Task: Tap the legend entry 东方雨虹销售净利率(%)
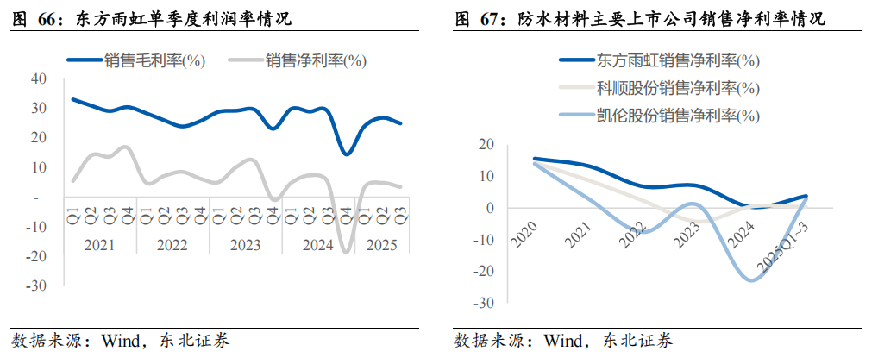coord(677,61)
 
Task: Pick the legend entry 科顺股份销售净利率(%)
coord(677,88)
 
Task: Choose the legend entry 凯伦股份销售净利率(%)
coord(677,116)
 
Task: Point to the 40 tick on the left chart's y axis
coord(37,78)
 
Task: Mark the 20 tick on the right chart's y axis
coord(487,144)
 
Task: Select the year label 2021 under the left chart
coord(99,245)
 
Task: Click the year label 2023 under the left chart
coord(245,245)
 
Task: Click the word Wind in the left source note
coord(121,341)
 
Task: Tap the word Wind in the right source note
coord(563,341)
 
